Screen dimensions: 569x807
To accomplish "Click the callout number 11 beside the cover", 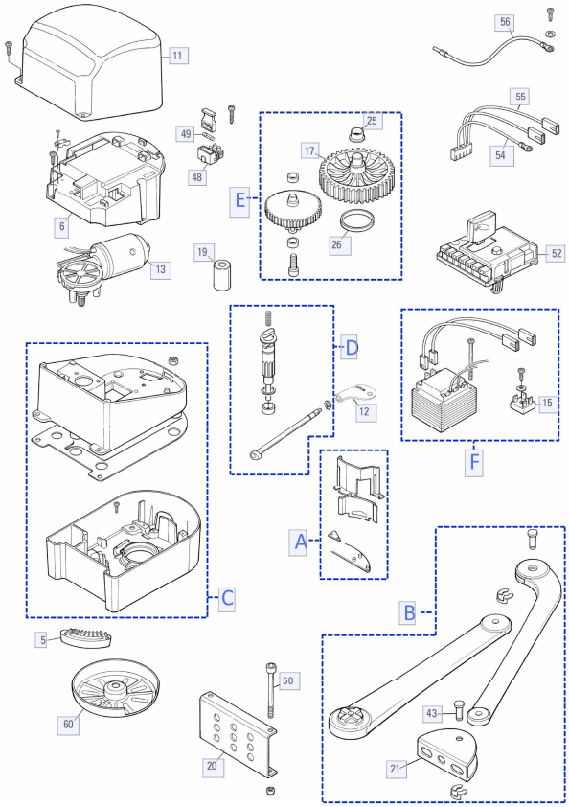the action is (x=177, y=56).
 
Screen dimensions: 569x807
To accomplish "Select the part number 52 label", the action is (x=556, y=253).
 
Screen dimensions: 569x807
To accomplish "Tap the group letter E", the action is (x=239, y=198).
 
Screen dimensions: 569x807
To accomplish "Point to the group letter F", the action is (x=474, y=462).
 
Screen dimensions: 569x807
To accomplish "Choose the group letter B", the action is (x=410, y=612).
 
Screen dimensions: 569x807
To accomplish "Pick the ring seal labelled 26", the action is (x=356, y=221).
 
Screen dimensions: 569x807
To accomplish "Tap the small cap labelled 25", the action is (x=355, y=135).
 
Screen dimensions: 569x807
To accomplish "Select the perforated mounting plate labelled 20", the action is (x=238, y=735).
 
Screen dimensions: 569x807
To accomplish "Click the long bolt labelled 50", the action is (x=270, y=690).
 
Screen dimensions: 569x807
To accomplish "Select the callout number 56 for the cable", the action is (x=505, y=22).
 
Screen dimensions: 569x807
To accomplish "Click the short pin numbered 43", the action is (x=460, y=710).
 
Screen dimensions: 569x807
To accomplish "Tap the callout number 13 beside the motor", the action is (x=161, y=269).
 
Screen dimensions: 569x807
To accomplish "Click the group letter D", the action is (x=351, y=349).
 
